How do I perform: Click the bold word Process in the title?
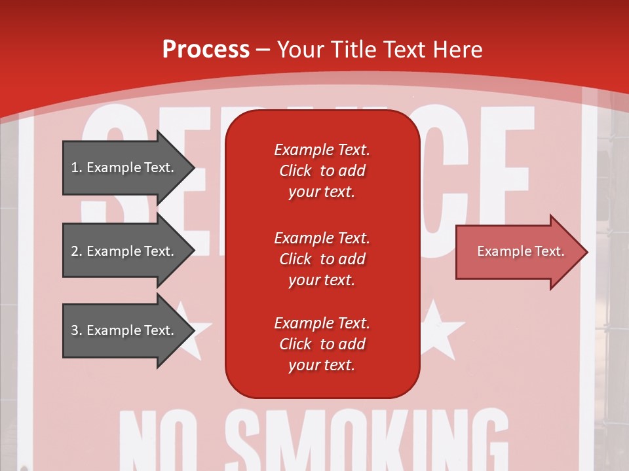(206, 49)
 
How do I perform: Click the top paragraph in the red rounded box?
(322, 171)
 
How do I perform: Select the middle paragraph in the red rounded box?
(322, 259)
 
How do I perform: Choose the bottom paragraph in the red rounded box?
(322, 344)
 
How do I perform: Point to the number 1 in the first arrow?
(74, 167)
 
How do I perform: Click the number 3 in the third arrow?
(74, 330)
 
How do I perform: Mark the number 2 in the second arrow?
(74, 251)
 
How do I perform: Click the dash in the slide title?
(263, 50)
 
